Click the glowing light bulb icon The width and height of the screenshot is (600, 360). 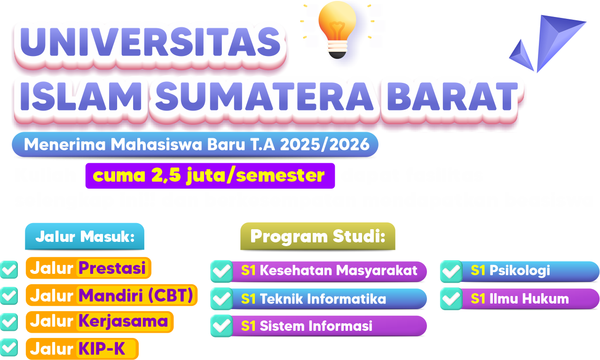coord(337,29)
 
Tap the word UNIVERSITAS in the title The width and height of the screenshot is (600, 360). coord(150,42)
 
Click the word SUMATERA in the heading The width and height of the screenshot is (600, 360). coord(265,96)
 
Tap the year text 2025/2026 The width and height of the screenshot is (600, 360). coord(324,144)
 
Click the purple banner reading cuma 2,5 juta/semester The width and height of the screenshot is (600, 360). coord(210,176)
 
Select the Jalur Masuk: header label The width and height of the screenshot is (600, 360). coord(85,236)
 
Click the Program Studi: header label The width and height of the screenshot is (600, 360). coord(318,236)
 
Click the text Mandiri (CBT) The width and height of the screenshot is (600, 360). coord(136,295)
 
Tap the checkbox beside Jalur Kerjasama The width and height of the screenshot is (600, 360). coord(9,322)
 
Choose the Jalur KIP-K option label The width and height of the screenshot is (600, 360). coord(82,349)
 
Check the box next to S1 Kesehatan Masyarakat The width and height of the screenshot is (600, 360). coord(221,271)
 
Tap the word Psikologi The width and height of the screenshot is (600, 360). coord(520,271)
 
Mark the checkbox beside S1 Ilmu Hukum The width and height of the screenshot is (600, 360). coord(451,299)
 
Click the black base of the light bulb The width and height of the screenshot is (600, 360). coord(337,55)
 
